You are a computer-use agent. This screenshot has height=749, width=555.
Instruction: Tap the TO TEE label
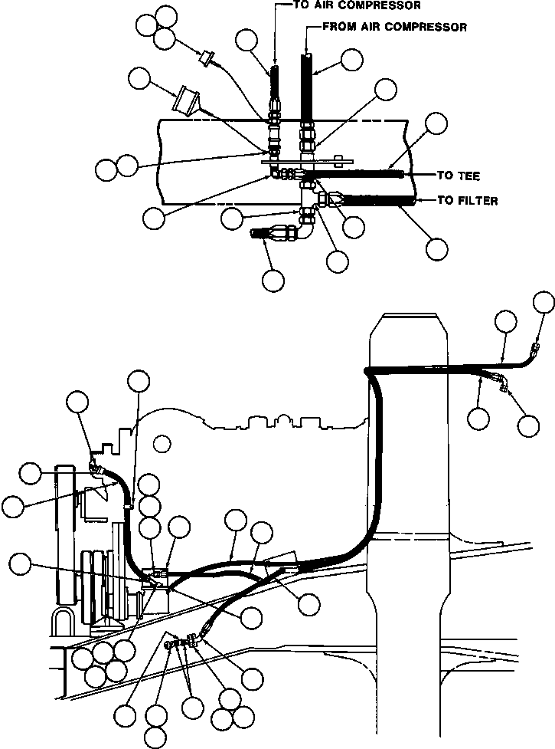(x=457, y=176)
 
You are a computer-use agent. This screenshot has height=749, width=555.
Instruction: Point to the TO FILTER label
(x=467, y=201)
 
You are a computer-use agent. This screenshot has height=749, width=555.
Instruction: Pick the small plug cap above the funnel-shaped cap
(x=206, y=57)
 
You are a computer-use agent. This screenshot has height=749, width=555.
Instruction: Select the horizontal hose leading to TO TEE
(x=360, y=176)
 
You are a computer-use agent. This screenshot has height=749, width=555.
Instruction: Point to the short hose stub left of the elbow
(x=266, y=233)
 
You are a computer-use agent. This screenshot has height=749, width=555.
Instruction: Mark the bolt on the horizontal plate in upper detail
(x=338, y=161)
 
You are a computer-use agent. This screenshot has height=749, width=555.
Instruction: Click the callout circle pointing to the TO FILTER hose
(x=437, y=248)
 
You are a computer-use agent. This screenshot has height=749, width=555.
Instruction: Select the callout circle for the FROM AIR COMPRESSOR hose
(x=351, y=61)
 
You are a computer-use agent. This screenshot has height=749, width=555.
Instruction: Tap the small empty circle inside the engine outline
(x=161, y=442)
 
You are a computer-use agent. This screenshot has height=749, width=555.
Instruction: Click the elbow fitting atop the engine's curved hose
(x=95, y=464)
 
